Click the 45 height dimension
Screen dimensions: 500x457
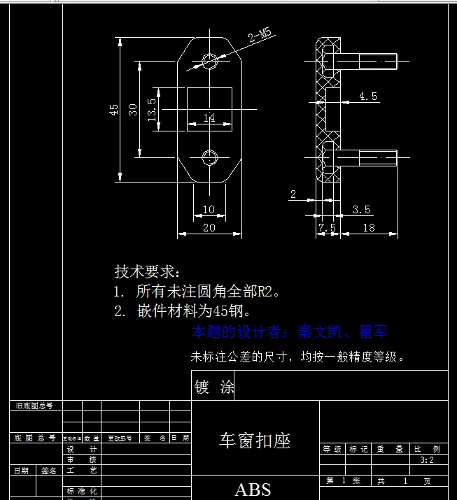point(113,110)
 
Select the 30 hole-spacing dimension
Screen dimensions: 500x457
point(133,110)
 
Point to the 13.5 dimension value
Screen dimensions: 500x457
point(152,110)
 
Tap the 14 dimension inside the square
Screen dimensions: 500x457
point(209,118)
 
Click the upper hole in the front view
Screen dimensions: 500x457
point(209,59)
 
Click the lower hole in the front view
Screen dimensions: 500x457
point(209,157)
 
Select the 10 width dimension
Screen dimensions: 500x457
point(209,210)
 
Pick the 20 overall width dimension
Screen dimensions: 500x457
point(209,228)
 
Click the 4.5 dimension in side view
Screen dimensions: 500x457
point(368,97)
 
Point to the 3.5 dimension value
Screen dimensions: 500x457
point(361,209)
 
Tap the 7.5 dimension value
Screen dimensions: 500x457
point(327,228)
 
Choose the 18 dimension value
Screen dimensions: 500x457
point(369,228)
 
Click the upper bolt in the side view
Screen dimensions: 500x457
point(367,62)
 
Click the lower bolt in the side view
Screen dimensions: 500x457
point(367,159)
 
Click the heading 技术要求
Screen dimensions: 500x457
point(147,271)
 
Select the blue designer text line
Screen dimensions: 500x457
point(289,332)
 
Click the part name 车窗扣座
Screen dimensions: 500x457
point(255,441)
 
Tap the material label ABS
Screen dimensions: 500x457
point(253,490)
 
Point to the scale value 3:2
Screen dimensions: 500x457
point(427,461)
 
